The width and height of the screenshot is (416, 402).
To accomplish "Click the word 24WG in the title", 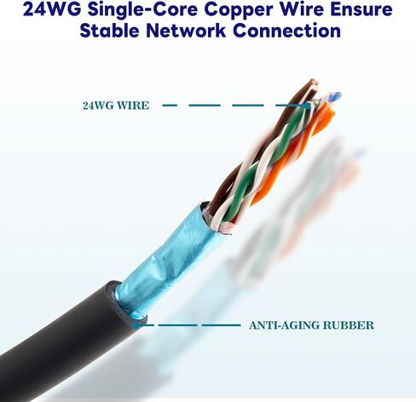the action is (x=52, y=9).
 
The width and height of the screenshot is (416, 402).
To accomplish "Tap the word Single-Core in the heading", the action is (x=142, y=9).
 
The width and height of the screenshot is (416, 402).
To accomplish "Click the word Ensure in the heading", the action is (x=360, y=9).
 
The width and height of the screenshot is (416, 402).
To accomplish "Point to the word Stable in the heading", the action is (x=109, y=31).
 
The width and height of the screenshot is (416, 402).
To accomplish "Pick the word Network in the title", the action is (x=186, y=31).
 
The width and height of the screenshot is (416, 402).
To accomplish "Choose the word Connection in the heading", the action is (x=286, y=31).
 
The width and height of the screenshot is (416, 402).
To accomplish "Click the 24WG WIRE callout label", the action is (x=116, y=106).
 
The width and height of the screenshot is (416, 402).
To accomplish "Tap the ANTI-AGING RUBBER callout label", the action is (x=311, y=325).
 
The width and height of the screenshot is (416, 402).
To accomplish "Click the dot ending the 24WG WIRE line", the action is (x=307, y=106).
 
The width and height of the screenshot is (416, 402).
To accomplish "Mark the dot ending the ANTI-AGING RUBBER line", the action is (x=136, y=325).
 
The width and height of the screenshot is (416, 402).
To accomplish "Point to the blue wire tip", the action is (x=334, y=96).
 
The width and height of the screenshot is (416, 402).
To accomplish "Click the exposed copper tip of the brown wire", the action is (x=314, y=82).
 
